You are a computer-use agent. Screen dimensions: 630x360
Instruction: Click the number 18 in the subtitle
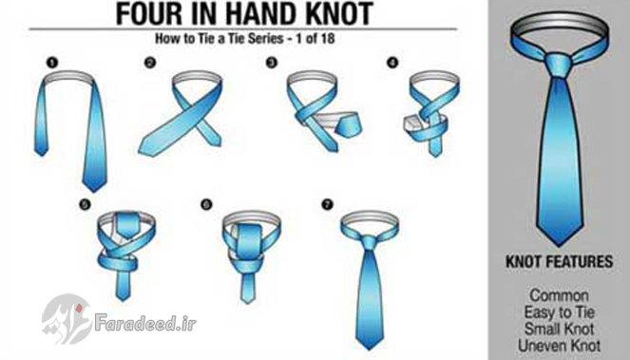coord(328,39)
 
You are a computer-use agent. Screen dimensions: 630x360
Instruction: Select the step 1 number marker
coord(52,63)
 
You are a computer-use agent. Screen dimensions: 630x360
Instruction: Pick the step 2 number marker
coord(150,63)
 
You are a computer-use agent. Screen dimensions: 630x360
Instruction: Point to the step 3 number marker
coord(272,63)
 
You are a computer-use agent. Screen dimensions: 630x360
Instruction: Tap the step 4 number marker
coord(392,63)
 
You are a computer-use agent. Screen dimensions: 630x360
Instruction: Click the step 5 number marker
coord(85,205)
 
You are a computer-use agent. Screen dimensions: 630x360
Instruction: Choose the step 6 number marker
coord(206,205)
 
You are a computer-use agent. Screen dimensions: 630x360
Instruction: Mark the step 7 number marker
coord(328,205)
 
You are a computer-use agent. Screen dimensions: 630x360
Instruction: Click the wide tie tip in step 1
coord(95,190)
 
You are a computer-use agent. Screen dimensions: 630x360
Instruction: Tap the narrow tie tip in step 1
coord(41,154)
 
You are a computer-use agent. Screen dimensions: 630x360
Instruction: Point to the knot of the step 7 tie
coord(369,242)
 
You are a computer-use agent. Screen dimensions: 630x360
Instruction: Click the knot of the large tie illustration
coord(559,66)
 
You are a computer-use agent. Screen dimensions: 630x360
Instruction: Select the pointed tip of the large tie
coord(559,245)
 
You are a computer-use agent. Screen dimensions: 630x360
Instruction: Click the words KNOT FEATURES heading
coord(560,261)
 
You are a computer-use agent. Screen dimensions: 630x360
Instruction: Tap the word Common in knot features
coord(559,295)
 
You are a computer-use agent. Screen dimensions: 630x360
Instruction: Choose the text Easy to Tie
coord(559,313)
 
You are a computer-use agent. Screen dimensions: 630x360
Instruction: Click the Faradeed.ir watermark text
coord(145,323)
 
